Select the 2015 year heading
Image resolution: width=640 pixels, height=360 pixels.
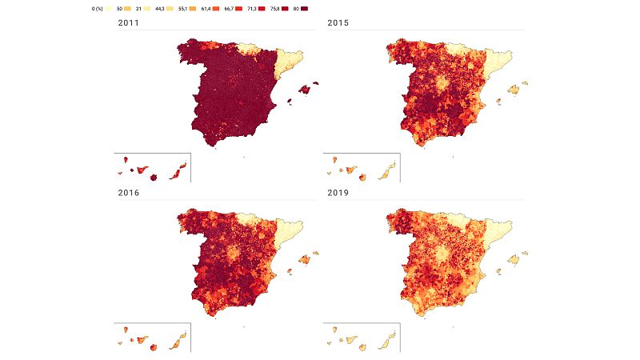pyautogui.click(x=339, y=23)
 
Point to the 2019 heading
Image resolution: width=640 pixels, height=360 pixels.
pyautogui.click(x=339, y=193)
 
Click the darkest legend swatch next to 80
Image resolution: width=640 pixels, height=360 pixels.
pyautogui.click(x=306, y=7)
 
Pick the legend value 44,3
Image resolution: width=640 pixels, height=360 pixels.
pyautogui.click(x=166, y=7)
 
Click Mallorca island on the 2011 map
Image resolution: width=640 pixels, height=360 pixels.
pyautogui.click(x=304, y=90)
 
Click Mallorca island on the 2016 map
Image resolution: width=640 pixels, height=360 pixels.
pyautogui.click(x=304, y=259)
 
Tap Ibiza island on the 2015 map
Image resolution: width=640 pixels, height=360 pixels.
pyautogui.click(x=498, y=102)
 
